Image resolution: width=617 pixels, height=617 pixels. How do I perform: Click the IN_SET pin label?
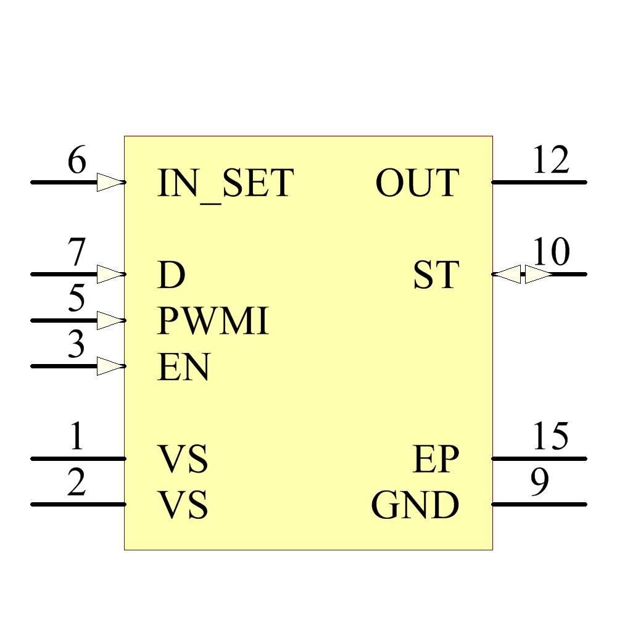225,184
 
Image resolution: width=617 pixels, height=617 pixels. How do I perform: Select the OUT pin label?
417,183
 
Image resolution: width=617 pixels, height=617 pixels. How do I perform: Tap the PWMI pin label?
213,321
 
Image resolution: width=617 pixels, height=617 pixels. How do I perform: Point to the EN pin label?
184,368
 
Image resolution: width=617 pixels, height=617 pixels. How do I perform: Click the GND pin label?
415,505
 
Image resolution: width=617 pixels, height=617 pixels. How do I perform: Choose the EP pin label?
436,460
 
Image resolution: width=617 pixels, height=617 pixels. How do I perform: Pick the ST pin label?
436,275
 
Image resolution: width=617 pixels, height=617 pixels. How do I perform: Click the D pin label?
172,276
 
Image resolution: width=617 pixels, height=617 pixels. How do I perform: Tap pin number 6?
77,161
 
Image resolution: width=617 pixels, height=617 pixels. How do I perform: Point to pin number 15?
550,437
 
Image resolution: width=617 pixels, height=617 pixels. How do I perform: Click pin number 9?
540,483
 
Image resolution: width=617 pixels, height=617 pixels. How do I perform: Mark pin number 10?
551,252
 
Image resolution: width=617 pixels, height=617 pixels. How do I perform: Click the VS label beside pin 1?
183,460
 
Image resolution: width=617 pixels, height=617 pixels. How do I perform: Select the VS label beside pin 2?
183,505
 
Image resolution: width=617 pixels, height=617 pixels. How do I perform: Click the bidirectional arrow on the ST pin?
523,274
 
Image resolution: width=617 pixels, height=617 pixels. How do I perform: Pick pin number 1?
77,437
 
